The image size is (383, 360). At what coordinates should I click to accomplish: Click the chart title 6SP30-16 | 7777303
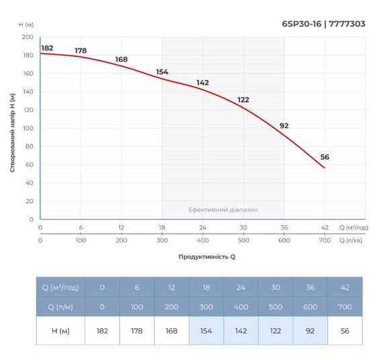[324, 24]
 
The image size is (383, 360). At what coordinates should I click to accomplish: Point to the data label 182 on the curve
[47, 48]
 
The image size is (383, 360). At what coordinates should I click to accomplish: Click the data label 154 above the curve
[162, 72]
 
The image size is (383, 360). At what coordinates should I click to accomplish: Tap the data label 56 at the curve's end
[325, 157]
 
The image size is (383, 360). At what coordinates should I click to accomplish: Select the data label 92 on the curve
[284, 126]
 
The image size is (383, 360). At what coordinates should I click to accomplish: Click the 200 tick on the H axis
[28, 37]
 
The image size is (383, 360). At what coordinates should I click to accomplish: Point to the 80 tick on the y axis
[30, 146]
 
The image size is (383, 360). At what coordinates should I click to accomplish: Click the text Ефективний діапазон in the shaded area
[222, 210]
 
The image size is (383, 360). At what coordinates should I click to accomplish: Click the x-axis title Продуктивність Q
[207, 257]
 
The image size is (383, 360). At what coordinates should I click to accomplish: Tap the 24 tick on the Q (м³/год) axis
[203, 227]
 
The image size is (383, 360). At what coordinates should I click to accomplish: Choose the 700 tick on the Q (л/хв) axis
[325, 240]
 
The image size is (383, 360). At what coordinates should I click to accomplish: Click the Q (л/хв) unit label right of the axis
[353, 240]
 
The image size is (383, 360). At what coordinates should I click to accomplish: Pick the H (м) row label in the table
[60, 330]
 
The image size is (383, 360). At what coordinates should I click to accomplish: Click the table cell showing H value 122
[275, 330]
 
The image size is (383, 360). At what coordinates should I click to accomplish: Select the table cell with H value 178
[137, 330]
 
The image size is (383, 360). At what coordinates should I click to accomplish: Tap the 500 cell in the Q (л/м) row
[275, 306]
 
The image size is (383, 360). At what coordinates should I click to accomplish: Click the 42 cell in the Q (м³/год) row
[344, 287]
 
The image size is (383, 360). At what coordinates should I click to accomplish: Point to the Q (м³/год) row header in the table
[60, 287]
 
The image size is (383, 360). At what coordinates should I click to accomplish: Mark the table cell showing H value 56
[344, 330]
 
